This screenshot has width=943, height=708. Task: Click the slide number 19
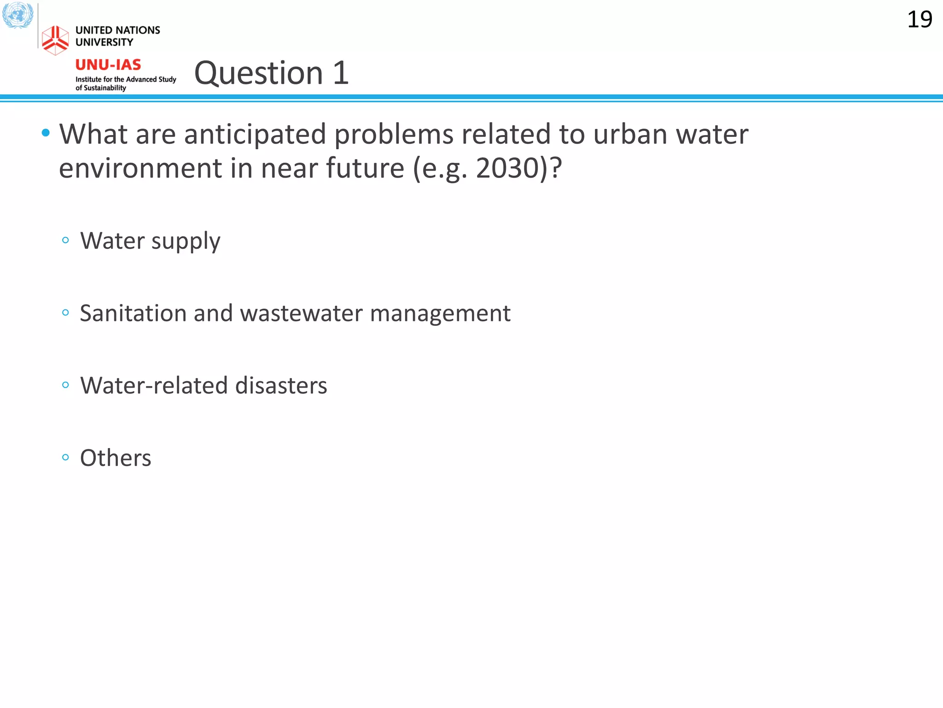920,20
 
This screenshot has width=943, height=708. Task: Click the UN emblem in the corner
17,15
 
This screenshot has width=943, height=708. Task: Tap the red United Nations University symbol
55,40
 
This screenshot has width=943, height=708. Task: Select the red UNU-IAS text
108,65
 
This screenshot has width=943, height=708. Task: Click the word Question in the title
259,73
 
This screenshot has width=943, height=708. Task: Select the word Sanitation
133,313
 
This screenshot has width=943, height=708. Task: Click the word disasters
281,385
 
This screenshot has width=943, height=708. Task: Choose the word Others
116,458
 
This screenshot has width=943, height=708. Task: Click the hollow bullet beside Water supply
65,240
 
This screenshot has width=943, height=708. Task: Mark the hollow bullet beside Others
65,457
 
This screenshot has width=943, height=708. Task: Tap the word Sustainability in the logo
105,88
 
